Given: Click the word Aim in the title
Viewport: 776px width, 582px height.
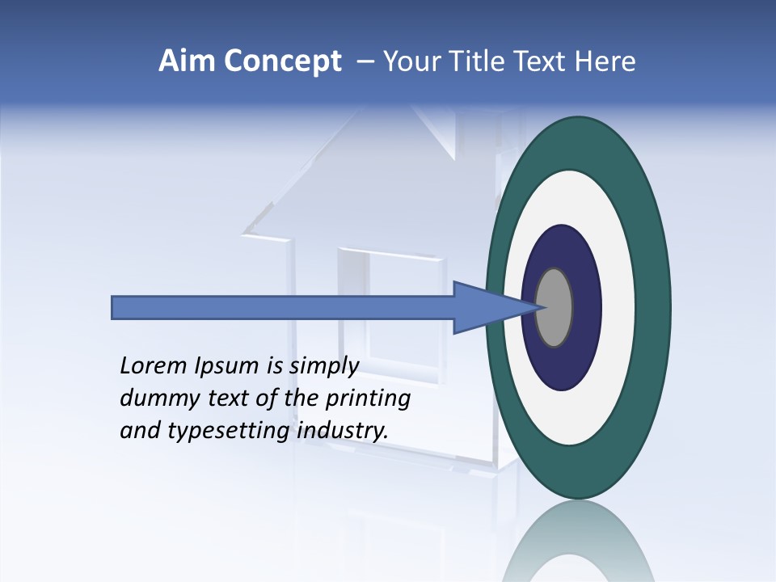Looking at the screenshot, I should [x=186, y=61].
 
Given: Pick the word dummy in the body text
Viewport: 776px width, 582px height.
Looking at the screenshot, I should [x=154, y=399].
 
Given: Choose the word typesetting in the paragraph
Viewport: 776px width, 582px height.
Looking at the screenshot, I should [x=224, y=431].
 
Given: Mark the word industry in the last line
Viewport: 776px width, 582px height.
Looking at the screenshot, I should [x=343, y=431].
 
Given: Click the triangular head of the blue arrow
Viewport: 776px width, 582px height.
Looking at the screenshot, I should [x=485, y=307].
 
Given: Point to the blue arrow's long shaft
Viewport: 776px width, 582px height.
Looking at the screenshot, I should [x=283, y=307].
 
